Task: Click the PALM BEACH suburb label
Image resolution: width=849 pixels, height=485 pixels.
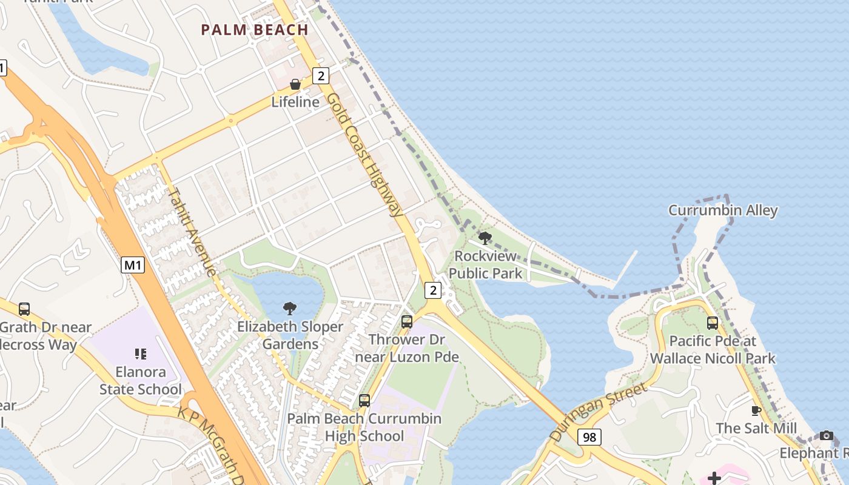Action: pyautogui.click(x=255, y=30)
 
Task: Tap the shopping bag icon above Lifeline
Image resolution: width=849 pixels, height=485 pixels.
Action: pyautogui.click(x=295, y=84)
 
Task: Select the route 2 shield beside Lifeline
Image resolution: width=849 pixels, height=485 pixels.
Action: pyautogui.click(x=321, y=76)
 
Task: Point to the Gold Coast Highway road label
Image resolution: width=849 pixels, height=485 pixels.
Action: pyautogui.click(x=364, y=155)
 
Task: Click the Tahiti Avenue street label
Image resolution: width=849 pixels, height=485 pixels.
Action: pyautogui.click(x=192, y=232)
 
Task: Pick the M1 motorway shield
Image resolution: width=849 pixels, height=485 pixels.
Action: pyautogui.click(x=133, y=265)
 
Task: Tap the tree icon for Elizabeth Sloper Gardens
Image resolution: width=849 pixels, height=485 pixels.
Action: pyautogui.click(x=290, y=309)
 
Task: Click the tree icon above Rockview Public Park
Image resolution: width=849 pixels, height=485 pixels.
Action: pyautogui.click(x=485, y=238)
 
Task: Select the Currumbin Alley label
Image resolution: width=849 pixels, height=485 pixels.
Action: pyautogui.click(x=723, y=210)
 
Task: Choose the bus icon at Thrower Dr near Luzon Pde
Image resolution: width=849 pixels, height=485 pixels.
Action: pyautogui.click(x=407, y=321)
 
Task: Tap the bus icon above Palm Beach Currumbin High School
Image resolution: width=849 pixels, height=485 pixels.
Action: pyautogui.click(x=364, y=400)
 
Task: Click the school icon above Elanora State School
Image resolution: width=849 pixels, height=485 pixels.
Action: pyautogui.click(x=141, y=353)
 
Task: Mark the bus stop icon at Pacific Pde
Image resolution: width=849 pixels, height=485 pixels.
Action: pyautogui.click(x=713, y=323)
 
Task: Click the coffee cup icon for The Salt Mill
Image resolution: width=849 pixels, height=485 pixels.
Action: pyautogui.click(x=756, y=410)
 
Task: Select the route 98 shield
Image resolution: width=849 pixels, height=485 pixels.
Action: pyautogui.click(x=589, y=436)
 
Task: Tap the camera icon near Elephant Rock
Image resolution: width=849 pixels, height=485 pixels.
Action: pyautogui.click(x=826, y=435)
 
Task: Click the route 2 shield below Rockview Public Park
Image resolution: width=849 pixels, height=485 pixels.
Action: pyautogui.click(x=433, y=290)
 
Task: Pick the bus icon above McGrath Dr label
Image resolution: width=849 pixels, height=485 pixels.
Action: pyautogui.click(x=24, y=309)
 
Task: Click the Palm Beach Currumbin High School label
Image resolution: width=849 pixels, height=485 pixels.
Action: pyautogui.click(x=364, y=427)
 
